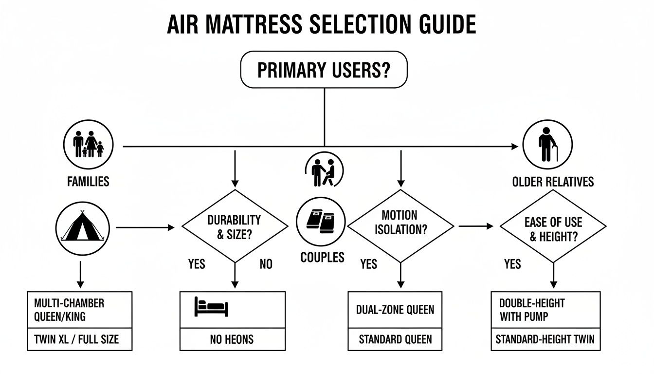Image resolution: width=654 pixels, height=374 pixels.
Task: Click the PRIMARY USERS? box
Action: click(x=324, y=70)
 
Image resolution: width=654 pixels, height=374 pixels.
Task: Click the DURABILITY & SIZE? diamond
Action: click(x=235, y=226)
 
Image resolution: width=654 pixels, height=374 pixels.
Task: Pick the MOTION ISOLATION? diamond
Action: click(x=400, y=226)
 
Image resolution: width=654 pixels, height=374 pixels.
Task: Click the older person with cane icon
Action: click(x=547, y=145)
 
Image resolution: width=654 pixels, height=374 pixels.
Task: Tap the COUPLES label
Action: click(x=322, y=257)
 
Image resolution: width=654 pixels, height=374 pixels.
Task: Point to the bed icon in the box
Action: click(x=211, y=307)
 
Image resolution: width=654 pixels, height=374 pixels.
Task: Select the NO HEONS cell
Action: click(x=232, y=339)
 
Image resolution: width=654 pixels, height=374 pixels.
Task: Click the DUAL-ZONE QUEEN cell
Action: click(x=395, y=309)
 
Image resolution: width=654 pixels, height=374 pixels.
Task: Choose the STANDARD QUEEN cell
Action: click(x=395, y=339)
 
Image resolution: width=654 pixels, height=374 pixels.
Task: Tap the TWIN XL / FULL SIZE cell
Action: click(x=79, y=339)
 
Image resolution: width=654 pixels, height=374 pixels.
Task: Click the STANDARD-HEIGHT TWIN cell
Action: click(x=545, y=339)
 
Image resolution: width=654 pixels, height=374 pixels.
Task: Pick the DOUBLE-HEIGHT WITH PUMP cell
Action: click(x=545, y=310)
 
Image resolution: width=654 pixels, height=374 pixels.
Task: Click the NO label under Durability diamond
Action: click(x=266, y=264)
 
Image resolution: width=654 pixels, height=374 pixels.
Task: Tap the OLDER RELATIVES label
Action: click(x=553, y=182)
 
